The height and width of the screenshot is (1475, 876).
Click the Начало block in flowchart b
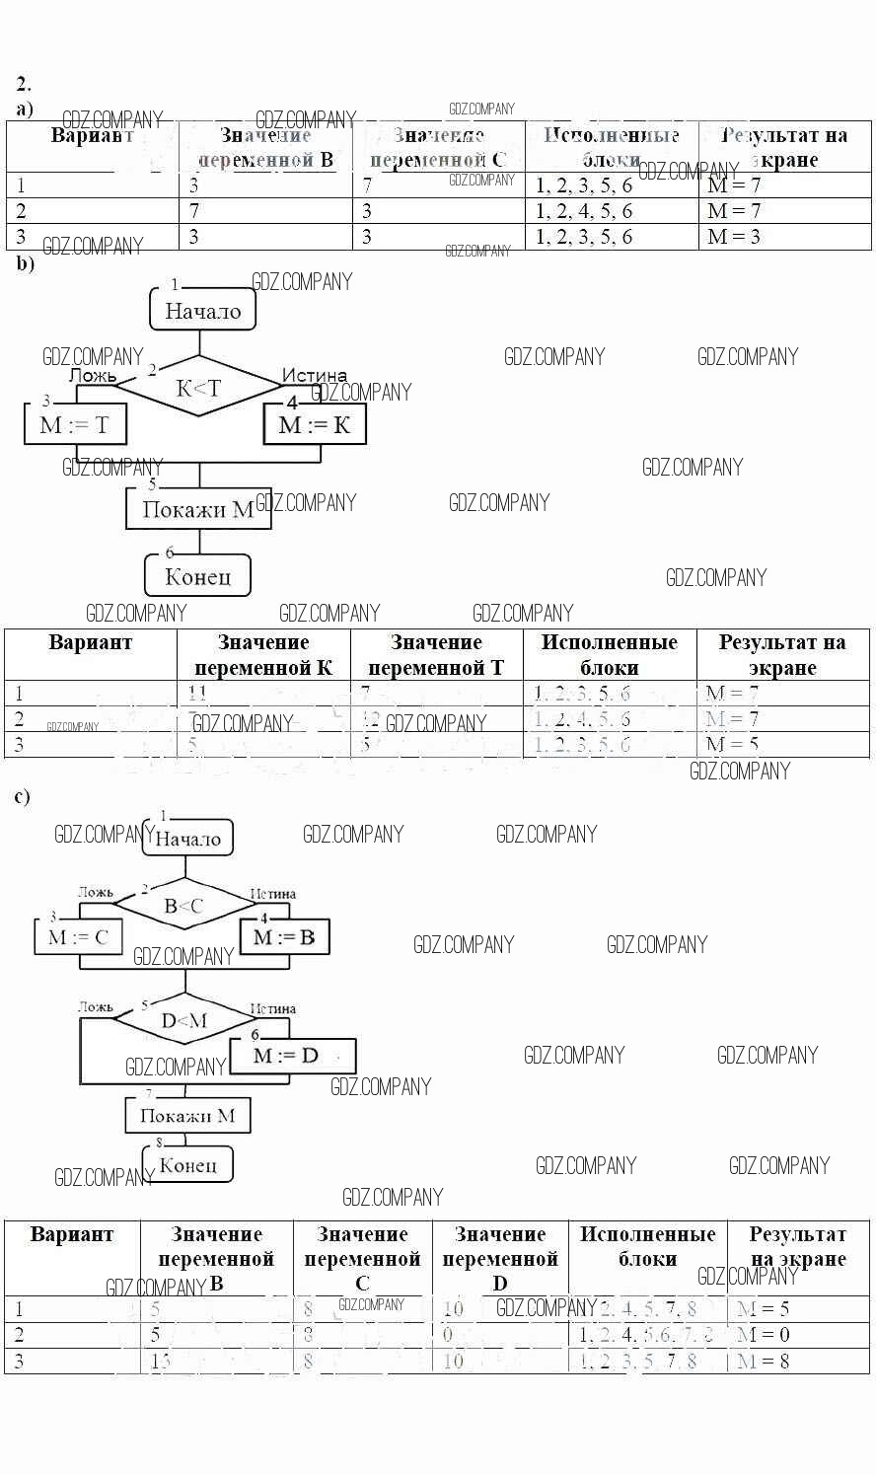[x=202, y=311]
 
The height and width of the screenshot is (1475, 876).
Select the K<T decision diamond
[x=199, y=388]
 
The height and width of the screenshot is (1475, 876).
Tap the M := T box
[x=75, y=425]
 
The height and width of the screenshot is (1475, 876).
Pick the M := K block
[x=315, y=425]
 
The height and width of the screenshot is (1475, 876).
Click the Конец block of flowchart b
[x=197, y=576]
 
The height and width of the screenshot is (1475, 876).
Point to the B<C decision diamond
[x=183, y=905]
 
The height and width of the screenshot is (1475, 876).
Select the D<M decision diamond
[x=184, y=1020]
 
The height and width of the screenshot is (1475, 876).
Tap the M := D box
[x=291, y=1056]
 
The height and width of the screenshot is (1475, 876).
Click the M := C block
[x=79, y=937]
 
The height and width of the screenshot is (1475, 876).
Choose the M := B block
[x=284, y=937]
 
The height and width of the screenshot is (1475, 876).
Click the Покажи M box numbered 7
[x=187, y=1116]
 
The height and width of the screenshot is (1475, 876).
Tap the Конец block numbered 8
[x=187, y=1165]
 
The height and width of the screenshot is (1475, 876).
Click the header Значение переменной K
[x=263, y=655]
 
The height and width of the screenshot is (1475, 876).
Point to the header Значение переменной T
[x=436, y=655]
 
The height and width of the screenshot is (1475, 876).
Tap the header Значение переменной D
[x=500, y=1258]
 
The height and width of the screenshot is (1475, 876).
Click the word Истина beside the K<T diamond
[x=315, y=375]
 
